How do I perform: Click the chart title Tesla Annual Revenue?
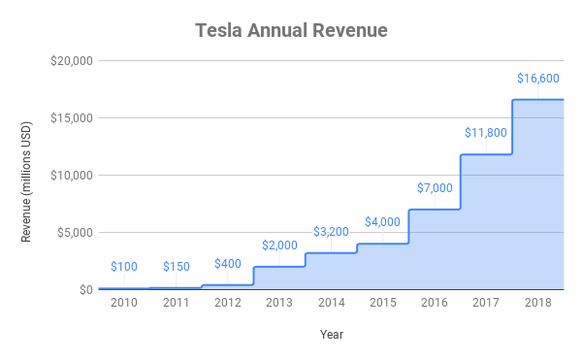291,31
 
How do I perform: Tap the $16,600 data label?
536,79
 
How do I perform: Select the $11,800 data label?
485,133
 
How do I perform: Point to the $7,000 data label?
434,187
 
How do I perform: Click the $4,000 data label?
382,222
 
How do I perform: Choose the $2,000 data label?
279,245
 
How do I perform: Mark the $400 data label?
227,263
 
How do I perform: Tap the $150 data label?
176,266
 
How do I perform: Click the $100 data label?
124,266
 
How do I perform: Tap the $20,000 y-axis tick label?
70,61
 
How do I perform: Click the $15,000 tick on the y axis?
70,118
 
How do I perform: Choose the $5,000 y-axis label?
73,233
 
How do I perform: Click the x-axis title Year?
331,335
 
